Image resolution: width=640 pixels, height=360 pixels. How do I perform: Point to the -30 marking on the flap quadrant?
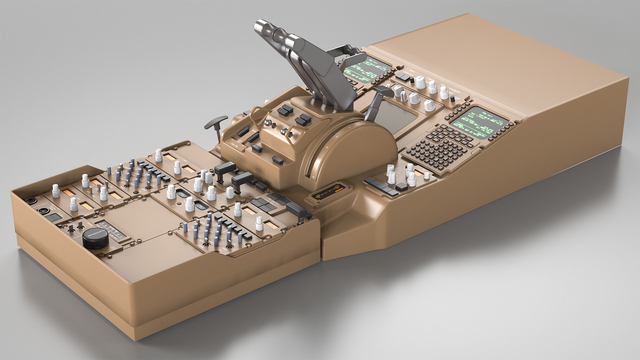327,147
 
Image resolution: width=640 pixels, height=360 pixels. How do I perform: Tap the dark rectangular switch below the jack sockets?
52,218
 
